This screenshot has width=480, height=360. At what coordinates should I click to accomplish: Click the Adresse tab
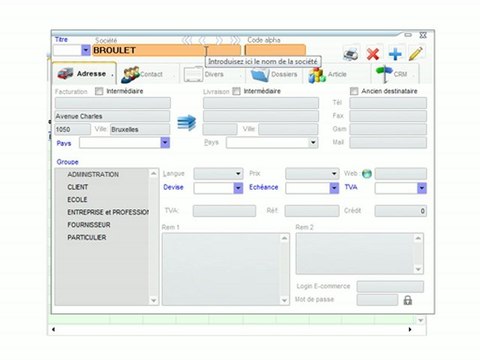[x=84, y=73]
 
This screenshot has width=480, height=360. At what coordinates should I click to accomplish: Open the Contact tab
[x=144, y=73]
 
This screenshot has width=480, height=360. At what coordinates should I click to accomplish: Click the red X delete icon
[x=373, y=54]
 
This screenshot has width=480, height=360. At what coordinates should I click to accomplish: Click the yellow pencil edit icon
[x=415, y=53]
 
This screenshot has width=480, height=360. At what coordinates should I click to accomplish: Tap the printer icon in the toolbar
[x=351, y=54]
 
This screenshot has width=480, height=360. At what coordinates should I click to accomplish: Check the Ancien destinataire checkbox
[x=354, y=91]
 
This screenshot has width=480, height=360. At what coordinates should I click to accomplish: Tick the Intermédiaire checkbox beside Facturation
[x=99, y=91]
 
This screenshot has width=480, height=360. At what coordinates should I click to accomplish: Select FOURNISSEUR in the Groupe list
[x=94, y=224]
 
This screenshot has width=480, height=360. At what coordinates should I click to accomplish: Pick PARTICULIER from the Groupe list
[x=88, y=237]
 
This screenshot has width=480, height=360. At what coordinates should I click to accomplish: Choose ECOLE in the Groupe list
[x=78, y=199]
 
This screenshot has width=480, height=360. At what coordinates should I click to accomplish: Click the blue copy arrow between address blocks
[x=185, y=122]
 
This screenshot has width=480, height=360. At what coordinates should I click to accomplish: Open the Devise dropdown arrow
[x=239, y=187]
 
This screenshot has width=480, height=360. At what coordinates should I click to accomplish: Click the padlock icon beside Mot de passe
[x=407, y=299]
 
